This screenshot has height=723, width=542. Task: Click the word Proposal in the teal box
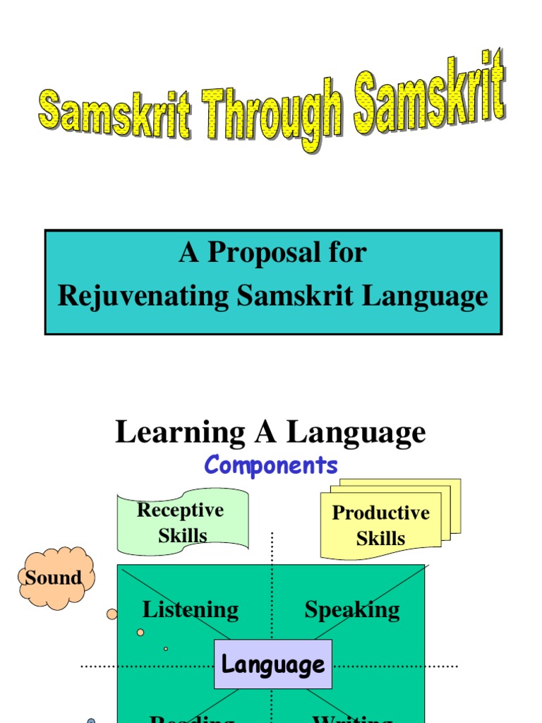point(267,252)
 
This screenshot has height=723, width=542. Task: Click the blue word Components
point(271,465)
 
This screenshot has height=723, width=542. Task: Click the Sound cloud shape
point(54,578)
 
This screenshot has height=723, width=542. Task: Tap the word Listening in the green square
point(191,609)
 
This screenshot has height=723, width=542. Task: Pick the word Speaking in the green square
point(352,609)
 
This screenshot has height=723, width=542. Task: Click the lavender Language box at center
point(273,664)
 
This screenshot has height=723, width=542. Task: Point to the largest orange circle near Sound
point(112,614)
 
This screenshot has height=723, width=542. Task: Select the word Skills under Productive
point(380,539)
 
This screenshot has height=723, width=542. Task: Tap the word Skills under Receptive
point(182,535)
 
